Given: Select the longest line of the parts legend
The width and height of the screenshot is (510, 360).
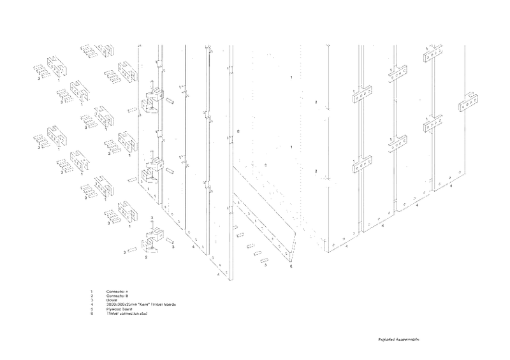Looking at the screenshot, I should (x=140, y=305).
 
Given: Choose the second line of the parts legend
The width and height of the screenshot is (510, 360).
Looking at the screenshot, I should (x=117, y=296).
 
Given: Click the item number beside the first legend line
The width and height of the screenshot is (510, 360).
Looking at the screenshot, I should (x=92, y=292).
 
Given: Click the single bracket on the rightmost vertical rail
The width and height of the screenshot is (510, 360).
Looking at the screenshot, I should (x=470, y=103).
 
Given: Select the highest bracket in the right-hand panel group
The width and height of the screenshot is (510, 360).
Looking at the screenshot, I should (x=433, y=54).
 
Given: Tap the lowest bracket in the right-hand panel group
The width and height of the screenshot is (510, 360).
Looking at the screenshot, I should (x=361, y=166).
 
